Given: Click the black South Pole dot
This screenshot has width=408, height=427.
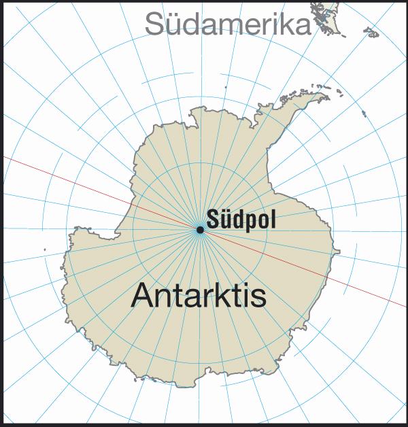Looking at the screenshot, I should (x=200, y=230).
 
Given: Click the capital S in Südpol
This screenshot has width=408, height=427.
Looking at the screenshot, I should (x=213, y=220).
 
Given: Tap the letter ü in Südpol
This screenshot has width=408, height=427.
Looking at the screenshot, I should (x=225, y=220).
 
